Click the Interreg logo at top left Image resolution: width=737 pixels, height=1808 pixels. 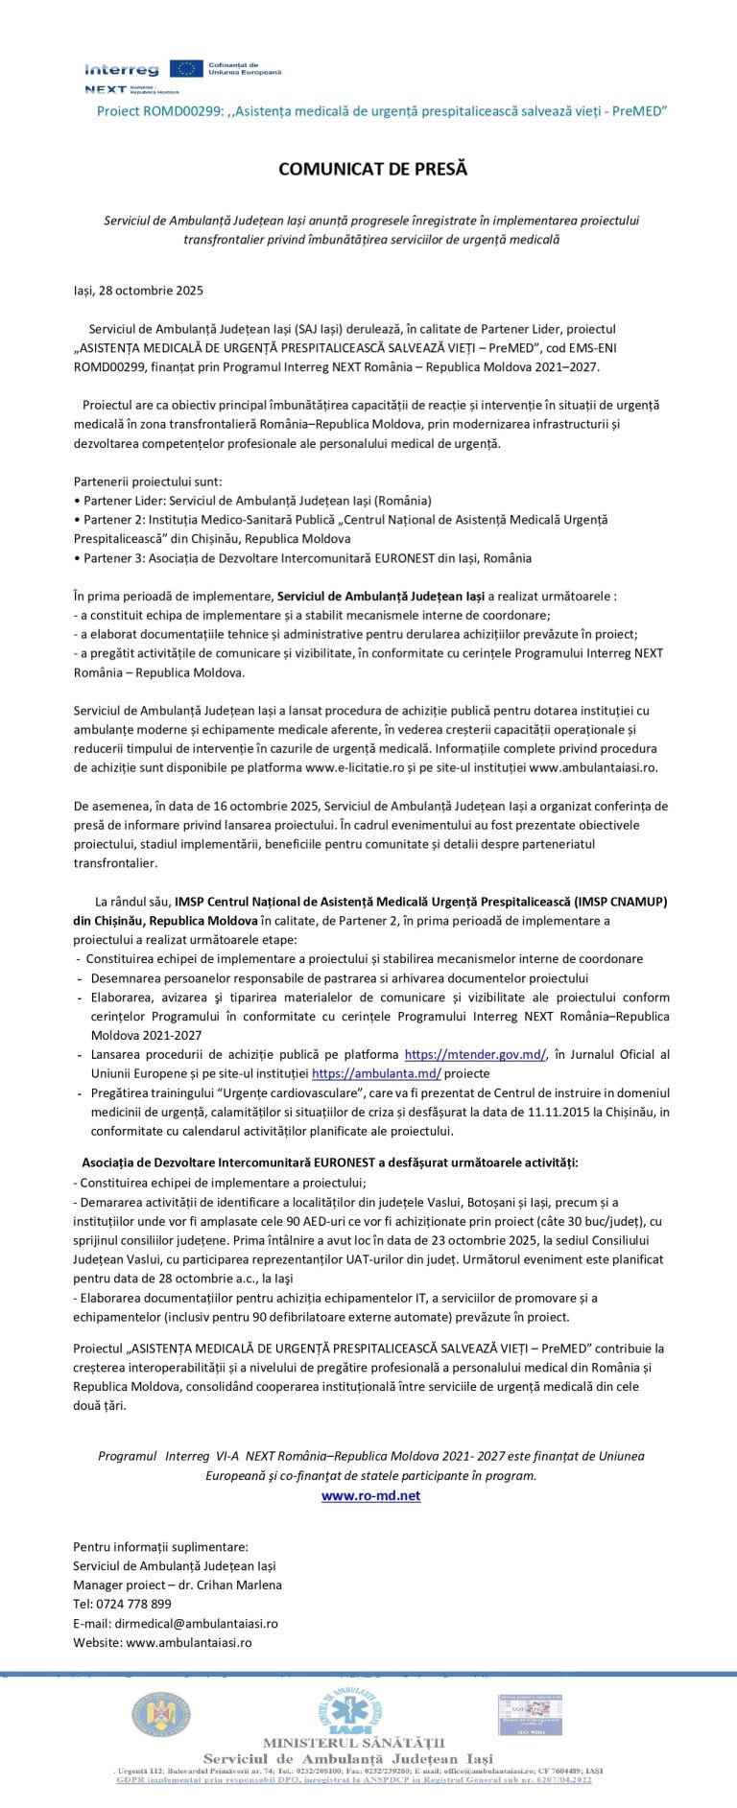tap(122, 70)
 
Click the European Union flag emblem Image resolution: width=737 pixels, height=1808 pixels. tap(186, 68)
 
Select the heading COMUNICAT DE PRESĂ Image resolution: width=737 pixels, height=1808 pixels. tap(372, 169)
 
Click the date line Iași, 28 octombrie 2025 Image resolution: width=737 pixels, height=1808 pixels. tap(138, 290)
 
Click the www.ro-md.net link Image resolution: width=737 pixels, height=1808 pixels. tap(370, 1495)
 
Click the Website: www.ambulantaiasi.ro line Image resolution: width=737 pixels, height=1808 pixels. tap(162, 1642)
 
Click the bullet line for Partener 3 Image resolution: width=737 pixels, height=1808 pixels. tap(302, 557)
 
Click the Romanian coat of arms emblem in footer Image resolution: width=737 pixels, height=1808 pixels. tap(160, 1714)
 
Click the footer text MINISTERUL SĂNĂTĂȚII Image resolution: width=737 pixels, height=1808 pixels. tap(353, 1743)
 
